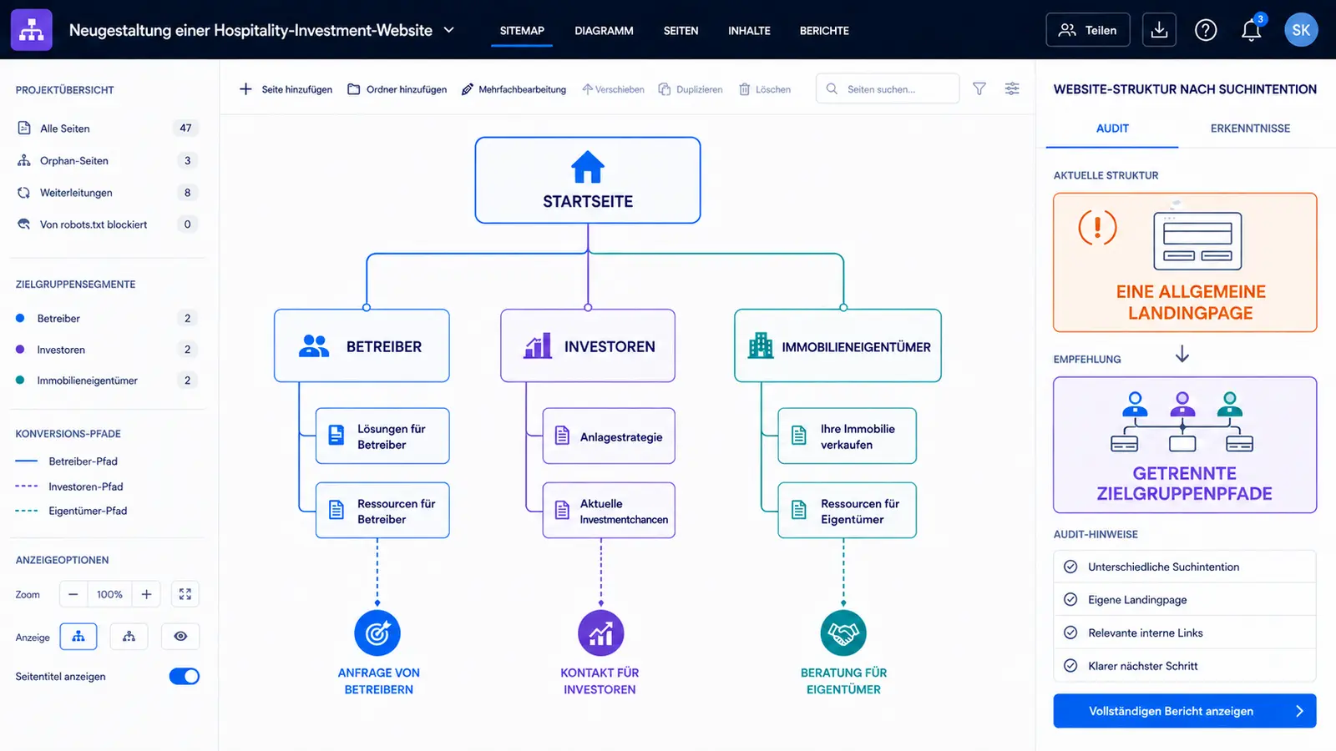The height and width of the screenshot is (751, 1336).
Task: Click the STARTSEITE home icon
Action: (588, 166)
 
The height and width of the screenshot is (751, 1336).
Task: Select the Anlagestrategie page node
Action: (609, 436)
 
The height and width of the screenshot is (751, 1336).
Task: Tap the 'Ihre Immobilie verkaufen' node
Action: (847, 436)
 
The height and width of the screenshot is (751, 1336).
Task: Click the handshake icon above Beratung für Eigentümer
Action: (843, 633)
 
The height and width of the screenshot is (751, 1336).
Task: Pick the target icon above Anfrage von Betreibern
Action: (377, 633)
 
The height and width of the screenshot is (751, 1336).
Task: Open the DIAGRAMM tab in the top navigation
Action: (604, 30)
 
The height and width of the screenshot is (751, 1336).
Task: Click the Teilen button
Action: (1088, 30)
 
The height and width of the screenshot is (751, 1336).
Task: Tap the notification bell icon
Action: (1252, 30)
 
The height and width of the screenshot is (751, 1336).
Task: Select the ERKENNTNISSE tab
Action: (1250, 129)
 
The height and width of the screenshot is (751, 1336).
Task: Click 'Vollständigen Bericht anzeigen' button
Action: (1185, 711)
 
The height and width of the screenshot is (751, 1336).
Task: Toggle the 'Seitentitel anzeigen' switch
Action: (185, 677)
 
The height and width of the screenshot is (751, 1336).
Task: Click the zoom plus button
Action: (146, 594)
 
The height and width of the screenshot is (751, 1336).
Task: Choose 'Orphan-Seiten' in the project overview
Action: (74, 160)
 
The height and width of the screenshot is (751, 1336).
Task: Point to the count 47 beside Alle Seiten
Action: (185, 129)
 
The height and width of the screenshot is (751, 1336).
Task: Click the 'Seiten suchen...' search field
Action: (888, 88)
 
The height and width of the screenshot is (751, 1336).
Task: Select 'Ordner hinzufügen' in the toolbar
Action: (397, 89)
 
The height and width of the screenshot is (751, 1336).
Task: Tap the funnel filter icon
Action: (979, 88)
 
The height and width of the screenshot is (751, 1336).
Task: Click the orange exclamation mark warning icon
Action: (1097, 227)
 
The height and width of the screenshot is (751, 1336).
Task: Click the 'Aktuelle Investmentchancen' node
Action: (609, 511)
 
